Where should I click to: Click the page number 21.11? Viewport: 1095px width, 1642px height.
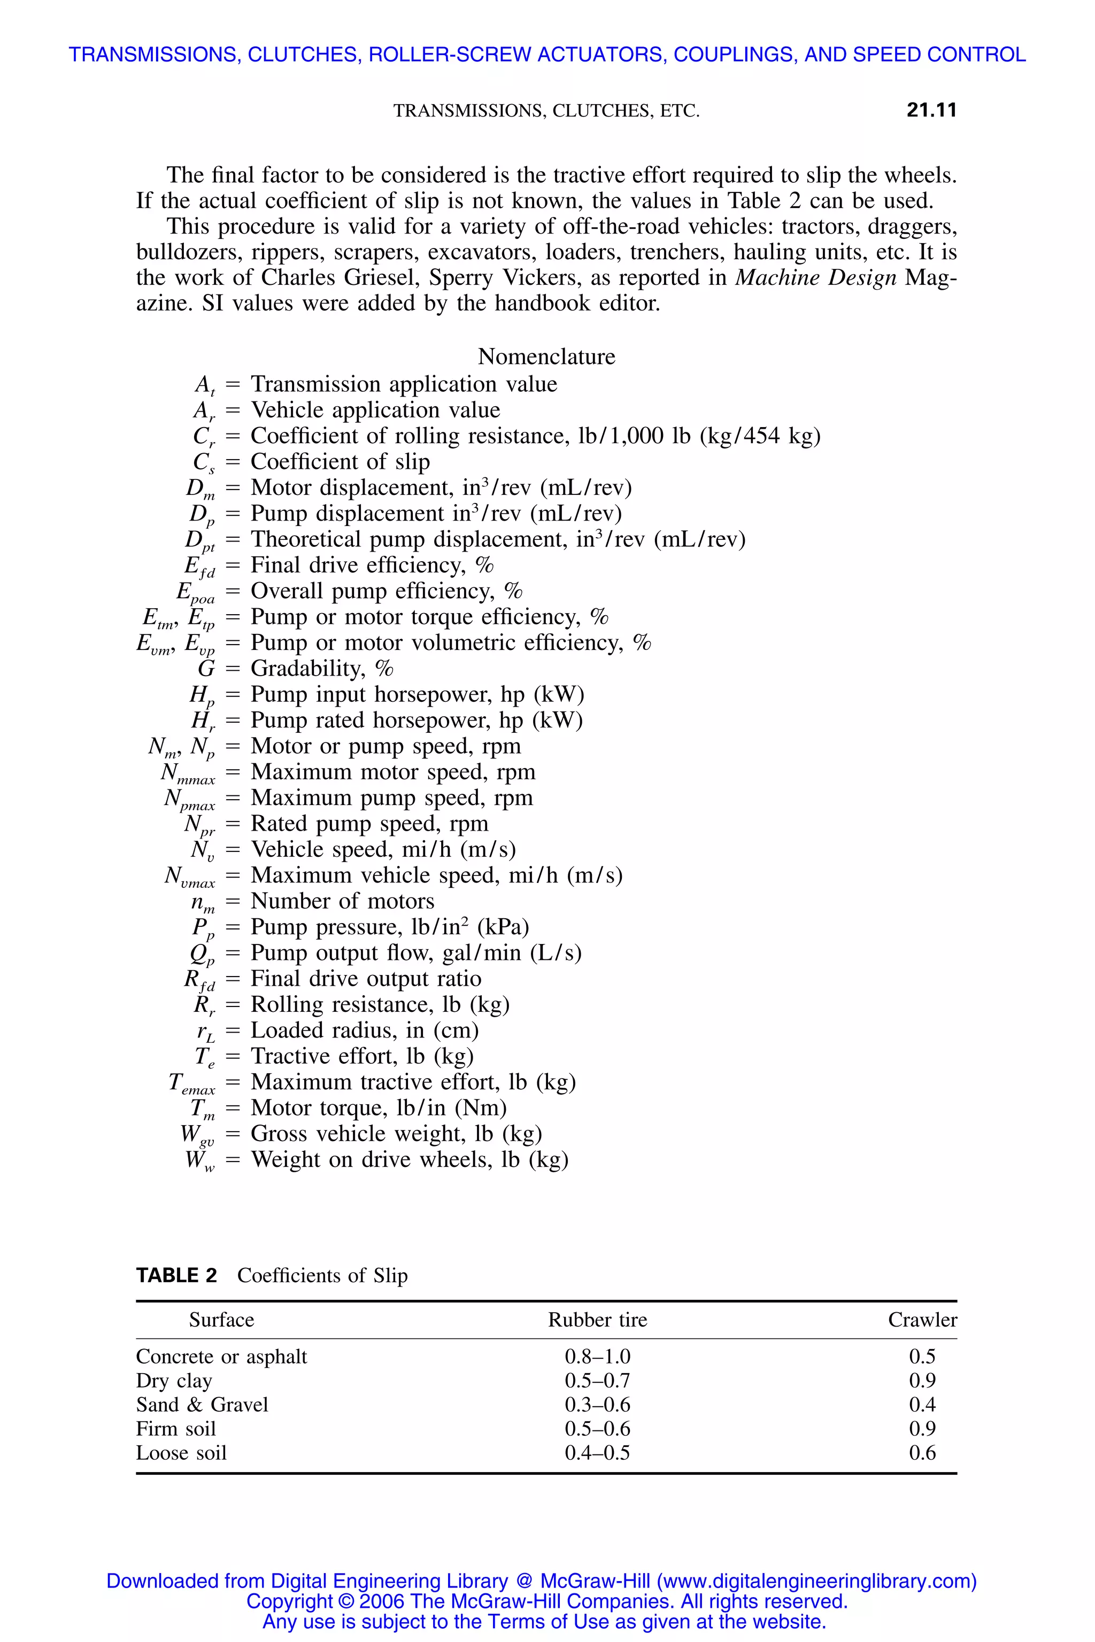click(931, 110)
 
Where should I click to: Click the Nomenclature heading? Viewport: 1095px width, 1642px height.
click(546, 357)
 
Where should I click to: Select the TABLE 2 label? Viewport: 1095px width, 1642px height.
click(176, 1275)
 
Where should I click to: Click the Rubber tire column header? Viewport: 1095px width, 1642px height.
click(597, 1320)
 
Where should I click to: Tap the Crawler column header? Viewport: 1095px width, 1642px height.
click(922, 1320)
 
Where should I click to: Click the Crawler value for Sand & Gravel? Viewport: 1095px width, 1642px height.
click(922, 1404)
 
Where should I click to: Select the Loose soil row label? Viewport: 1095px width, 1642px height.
click(182, 1452)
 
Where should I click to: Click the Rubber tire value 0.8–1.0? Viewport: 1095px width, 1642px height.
click(597, 1357)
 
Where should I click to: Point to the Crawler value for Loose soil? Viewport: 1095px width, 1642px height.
click(922, 1452)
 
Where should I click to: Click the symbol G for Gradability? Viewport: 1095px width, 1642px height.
click(206, 669)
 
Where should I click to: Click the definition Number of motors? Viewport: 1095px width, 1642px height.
click(342, 901)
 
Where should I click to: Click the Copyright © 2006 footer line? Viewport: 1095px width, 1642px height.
click(547, 1601)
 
